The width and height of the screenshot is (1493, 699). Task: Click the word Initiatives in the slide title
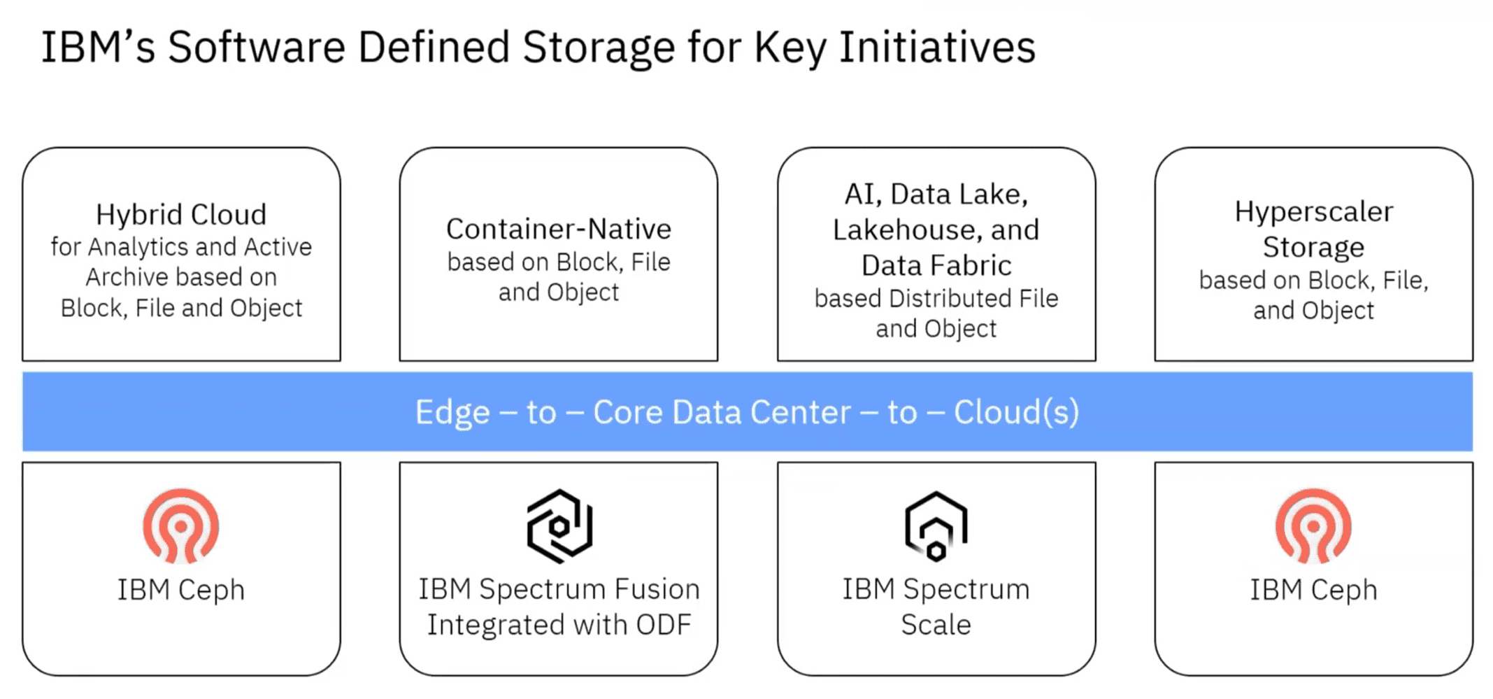(x=937, y=48)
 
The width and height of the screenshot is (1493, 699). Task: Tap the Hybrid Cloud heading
(x=181, y=214)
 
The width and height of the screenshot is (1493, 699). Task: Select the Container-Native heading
(x=559, y=229)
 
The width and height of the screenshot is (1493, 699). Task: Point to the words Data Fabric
(x=936, y=265)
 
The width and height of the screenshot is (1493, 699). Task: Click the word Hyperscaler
(x=1314, y=212)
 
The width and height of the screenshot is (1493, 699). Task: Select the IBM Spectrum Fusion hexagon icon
(x=559, y=526)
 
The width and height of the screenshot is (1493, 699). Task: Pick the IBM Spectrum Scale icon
(x=936, y=526)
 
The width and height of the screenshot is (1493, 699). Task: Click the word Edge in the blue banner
(x=452, y=412)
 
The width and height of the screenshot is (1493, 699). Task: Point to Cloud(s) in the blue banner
(x=1017, y=412)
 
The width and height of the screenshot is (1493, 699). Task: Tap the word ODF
(x=663, y=625)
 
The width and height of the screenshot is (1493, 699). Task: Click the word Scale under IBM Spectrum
(x=936, y=625)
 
